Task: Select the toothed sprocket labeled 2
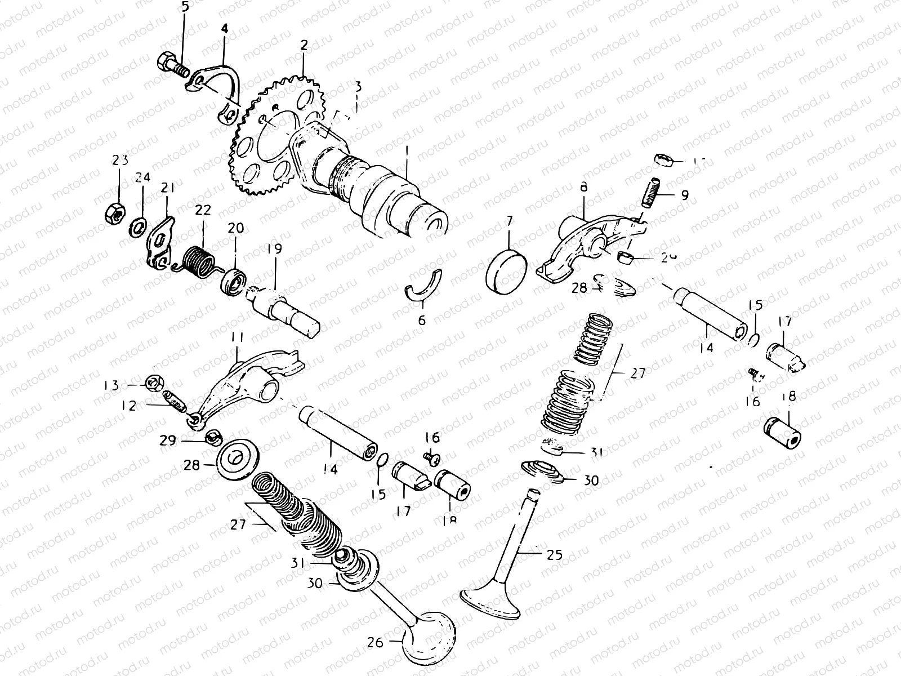(x=265, y=141)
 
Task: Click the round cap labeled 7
(x=506, y=273)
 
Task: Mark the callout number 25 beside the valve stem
(x=554, y=555)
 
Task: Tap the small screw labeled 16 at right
(x=756, y=374)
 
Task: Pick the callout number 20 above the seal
(x=236, y=228)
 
